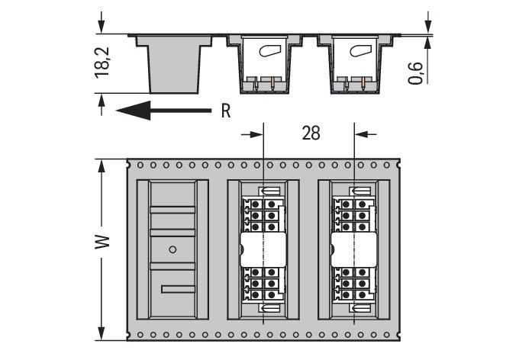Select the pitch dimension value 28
311,133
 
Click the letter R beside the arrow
225,111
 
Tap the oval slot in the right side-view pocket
358,52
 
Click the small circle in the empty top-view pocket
172,249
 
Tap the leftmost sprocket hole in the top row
130,164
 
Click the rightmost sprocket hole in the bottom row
395,335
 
